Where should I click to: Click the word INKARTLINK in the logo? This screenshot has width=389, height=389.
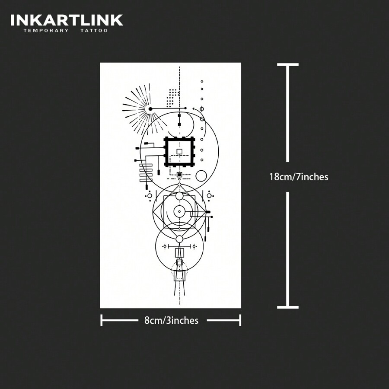point(67,20)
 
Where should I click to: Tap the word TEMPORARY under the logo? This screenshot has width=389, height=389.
point(46,31)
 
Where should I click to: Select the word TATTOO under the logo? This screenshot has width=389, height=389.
point(94,31)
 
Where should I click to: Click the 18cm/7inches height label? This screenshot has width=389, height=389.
point(299,177)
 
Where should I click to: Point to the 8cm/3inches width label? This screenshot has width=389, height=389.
point(171,320)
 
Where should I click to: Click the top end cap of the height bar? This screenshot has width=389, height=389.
point(288,65)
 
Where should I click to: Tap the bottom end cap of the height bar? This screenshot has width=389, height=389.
point(288,307)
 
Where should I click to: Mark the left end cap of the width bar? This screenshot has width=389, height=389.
point(102,320)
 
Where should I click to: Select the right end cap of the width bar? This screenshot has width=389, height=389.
point(240,320)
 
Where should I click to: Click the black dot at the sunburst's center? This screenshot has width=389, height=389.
point(150,109)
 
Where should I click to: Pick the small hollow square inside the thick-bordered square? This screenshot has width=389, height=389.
point(179,151)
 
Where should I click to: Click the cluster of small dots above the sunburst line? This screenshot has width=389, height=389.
point(172,97)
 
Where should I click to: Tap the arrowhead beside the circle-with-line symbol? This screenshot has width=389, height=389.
point(194,109)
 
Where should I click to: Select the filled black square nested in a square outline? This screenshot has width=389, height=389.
point(179,175)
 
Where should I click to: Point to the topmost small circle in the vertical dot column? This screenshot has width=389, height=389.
point(201,81)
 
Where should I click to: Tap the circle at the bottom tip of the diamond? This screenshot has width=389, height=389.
point(179,239)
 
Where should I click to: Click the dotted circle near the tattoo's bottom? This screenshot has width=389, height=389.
point(179,270)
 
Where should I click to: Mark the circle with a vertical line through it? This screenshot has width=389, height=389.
point(201,108)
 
